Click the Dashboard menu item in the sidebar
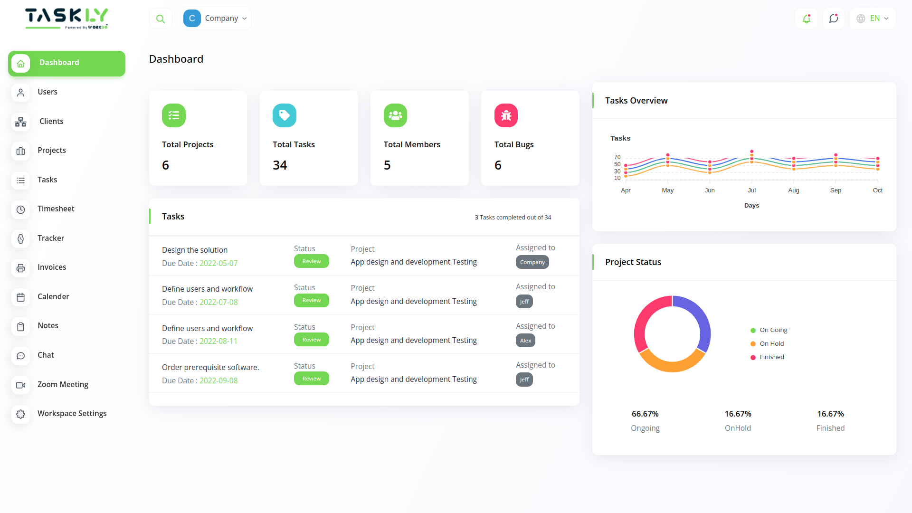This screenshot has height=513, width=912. coord(66,63)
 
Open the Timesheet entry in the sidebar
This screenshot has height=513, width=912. coord(56,209)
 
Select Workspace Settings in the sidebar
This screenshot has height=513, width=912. coord(72,414)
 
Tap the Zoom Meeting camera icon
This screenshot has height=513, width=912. coord(20,385)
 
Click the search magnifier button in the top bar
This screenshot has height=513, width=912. coord(161,19)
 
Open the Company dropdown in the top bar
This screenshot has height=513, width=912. coord(216,19)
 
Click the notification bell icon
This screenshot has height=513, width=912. coord(807,19)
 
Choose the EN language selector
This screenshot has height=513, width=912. coord(873,19)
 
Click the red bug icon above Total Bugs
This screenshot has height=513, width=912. coord(506,115)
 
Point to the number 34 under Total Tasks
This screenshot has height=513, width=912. coord(280,165)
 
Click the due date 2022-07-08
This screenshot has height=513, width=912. coord(218,303)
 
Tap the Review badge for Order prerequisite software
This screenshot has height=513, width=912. coord(312,379)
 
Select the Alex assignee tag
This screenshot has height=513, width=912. coord(525,341)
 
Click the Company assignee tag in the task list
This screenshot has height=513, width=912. coord(532,262)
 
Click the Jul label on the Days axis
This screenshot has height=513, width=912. coord(751,190)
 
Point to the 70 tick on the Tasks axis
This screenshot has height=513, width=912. coord(617,157)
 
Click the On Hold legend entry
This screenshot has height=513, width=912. coord(771,344)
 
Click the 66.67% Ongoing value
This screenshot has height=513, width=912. coord(645,414)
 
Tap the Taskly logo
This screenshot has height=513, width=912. coord(66,18)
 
